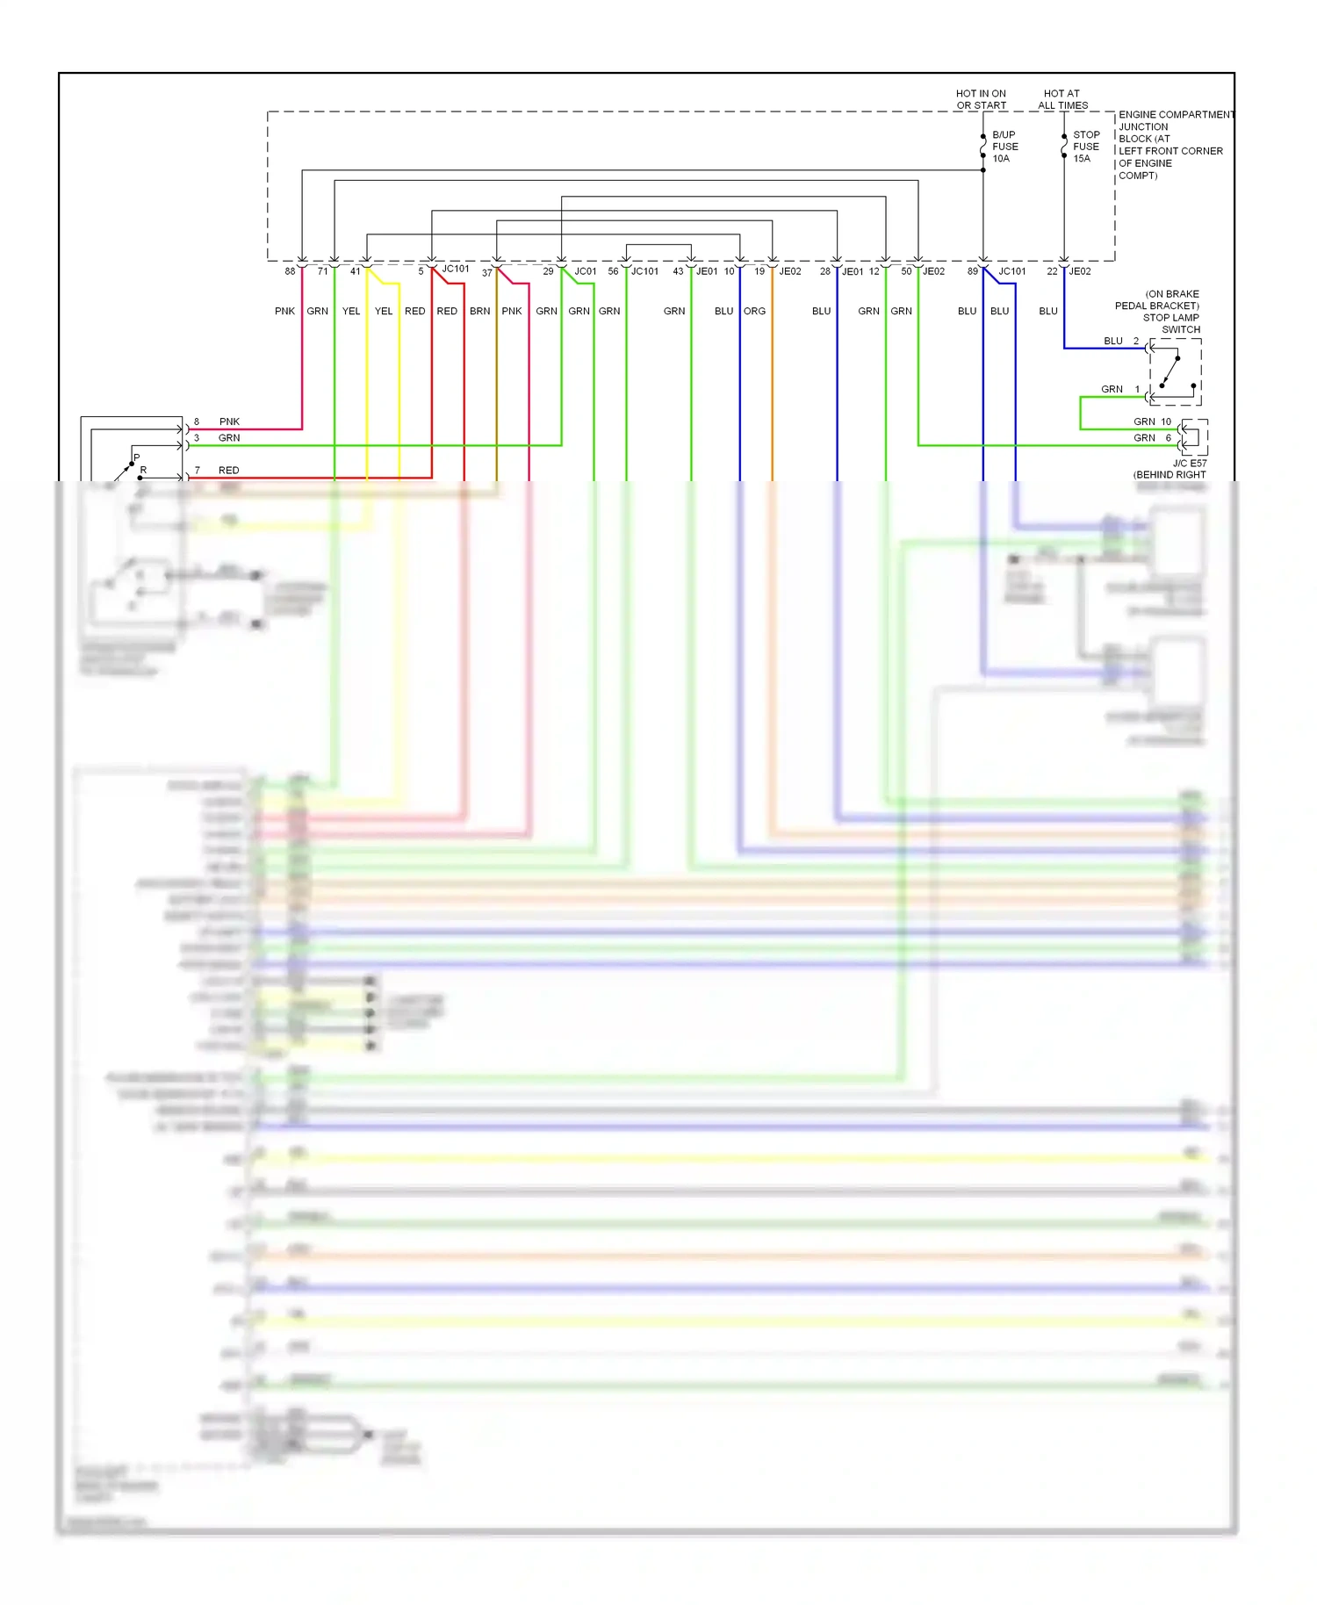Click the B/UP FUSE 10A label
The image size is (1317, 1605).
click(1004, 147)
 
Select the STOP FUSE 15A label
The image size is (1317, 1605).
click(1085, 147)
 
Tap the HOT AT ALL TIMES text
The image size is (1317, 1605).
click(1062, 99)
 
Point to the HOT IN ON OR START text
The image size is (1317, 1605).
click(981, 99)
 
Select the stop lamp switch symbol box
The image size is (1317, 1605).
click(1175, 371)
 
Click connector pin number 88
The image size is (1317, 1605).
click(290, 271)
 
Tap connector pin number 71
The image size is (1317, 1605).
click(322, 271)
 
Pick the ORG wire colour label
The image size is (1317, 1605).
click(754, 311)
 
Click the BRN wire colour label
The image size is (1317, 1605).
click(479, 311)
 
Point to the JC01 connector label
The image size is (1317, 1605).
click(585, 271)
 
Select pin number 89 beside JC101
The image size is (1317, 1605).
click(972, 271)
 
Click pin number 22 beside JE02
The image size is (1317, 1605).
click(1052, 271)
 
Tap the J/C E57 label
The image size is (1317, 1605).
click(1190, 463)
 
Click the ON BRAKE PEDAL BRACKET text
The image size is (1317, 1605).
click(1158, 299)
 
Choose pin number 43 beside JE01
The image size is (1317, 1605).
click(678, 271)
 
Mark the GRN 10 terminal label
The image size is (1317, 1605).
click(1152, 421)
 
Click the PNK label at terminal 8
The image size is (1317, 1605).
click(229, 421)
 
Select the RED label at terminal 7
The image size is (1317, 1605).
click(228, 470)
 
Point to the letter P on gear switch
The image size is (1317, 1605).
click(137, 457)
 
